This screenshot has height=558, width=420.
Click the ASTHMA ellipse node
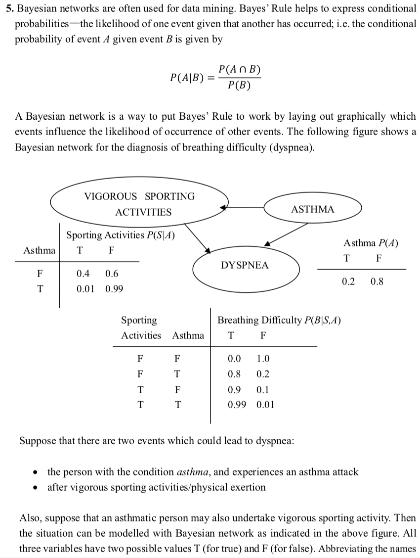pos(312,209)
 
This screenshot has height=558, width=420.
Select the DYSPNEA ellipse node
pos(245,265)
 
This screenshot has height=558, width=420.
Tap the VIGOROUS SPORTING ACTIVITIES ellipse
pos(140,204)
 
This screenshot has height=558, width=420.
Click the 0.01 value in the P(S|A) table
pos(85,288)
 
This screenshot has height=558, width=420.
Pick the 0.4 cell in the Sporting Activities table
pos(83,274)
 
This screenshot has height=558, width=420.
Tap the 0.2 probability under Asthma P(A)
pos(348,282)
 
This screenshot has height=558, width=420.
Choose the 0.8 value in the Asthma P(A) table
pos(377,282)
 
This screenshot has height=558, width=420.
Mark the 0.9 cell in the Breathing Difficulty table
pos(234,389)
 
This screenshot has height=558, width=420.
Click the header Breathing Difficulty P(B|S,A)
pos(279,320)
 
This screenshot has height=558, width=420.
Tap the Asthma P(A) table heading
pos(371,243)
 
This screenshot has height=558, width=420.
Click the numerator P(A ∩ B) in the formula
pos(240,70)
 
